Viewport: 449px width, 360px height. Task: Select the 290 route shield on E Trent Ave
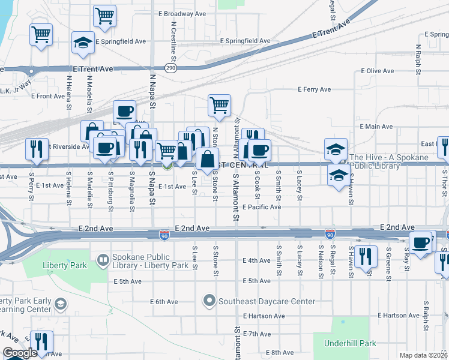tap(171, 69)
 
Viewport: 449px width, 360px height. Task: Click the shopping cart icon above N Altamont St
tap(219, 105)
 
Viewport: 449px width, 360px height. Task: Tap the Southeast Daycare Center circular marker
tap(209, 300)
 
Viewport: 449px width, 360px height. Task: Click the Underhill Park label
tap(349, 343)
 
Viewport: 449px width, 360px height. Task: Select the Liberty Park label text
tap(61, 265)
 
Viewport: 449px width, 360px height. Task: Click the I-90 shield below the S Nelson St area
tap(330, 233)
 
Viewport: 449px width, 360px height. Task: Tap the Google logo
tap(20, 353)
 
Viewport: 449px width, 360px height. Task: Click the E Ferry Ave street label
tap(315, 89)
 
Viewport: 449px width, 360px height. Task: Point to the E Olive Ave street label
tap(377, 71)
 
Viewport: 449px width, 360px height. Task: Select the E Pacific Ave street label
tap(262, 207)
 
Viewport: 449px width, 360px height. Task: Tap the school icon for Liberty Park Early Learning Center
tap(61, 304)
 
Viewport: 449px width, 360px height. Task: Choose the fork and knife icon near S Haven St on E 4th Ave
tap(365, 256)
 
